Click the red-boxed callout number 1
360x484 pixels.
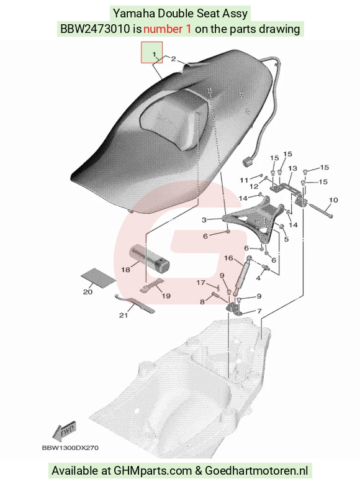pyautogui.click(x=154, y=54)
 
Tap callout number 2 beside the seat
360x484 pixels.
pyautogui.click(x=174, y=59)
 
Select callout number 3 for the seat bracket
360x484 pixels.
pyautogui.click(x=204, y=220)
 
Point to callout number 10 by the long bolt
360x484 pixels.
pyautogui.click(x=333, y=200)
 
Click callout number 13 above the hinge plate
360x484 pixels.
pyautogui.click(x=292, y=168)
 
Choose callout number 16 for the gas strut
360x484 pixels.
pyautogui.click(x=228, y=258)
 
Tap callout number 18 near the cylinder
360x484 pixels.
pyautogui.click(x=125, y=270)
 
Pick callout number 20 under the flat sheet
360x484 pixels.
pyautogui.click(x=88, y=291)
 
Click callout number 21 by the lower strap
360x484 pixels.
pyautogui.click(x=124, y=315)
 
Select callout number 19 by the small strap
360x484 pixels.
pyautogui.click(x=166, y=296)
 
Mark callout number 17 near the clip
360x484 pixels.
pyautogui.click(x=201, y=283)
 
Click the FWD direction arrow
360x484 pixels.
pyautogui.click(x=64, y=431)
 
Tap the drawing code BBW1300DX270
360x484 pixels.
pyautogui.click(x=70, y=447)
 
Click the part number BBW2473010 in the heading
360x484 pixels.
pyautogui.click(x=95, y=29)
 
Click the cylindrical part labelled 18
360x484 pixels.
pyautogui.click(x=150, y=259)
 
